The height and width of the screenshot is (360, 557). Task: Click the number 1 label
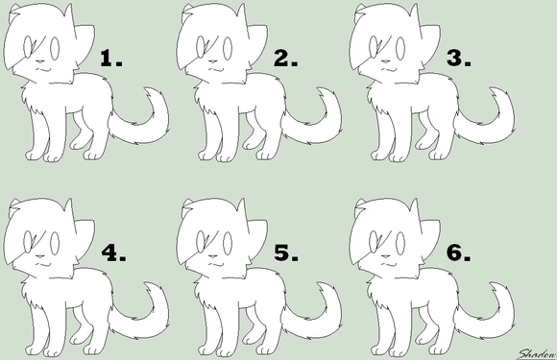(111, 59)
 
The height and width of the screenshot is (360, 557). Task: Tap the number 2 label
(285, 59)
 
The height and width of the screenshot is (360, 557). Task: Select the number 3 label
(459, 59)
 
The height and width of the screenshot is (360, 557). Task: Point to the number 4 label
(113, 253)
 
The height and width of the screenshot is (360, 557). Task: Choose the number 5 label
(286, 253)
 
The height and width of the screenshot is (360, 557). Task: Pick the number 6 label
(459, 253)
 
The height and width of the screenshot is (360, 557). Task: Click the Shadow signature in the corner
(537, 354)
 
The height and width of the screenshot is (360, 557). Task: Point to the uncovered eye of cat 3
(400, 49)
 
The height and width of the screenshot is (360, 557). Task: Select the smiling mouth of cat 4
(44, 264)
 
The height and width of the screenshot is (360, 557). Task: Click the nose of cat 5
(213, 256)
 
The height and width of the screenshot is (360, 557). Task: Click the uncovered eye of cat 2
(228, 49)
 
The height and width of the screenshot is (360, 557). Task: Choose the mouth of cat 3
(390, 69)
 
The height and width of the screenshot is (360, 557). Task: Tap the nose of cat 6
(385, 256)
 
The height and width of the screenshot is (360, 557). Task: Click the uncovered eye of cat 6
(400, 244)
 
